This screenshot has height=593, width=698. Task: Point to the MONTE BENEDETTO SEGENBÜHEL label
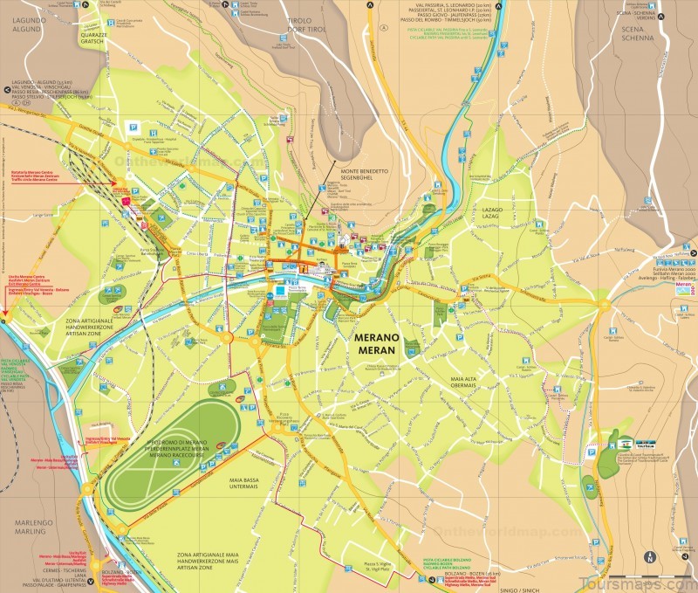coord(361,173)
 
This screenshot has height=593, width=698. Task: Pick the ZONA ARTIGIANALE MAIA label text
coord(207,561)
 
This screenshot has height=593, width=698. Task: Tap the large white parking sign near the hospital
coord(131,125)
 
